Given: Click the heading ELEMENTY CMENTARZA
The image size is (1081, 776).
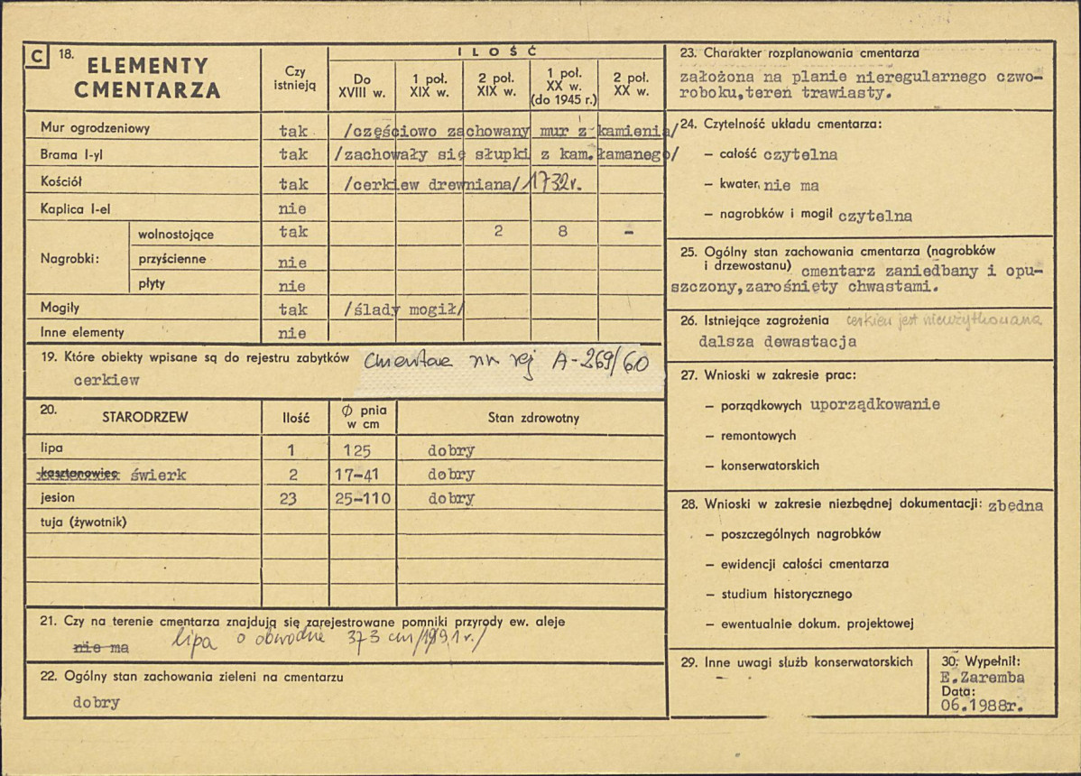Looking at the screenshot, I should [147, 78].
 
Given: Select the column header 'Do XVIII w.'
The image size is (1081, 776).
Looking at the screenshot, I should [362, 85].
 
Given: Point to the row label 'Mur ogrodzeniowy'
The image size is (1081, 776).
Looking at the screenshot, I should [95, 128].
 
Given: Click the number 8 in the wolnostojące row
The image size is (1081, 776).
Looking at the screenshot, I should [563, 231].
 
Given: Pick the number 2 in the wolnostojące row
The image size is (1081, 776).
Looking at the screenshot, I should [497, 231].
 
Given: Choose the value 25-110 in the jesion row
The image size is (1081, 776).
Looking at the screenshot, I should [360, 498].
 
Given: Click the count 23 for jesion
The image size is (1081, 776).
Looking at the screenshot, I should [288, 498].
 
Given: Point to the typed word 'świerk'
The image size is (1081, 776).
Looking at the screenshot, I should [158, 476].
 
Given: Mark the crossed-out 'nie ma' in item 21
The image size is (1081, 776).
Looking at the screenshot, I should [100, 648].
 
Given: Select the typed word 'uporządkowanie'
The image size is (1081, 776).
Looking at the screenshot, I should [874, 404].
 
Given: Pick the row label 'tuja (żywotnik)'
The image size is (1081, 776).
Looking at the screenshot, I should [84, 522].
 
